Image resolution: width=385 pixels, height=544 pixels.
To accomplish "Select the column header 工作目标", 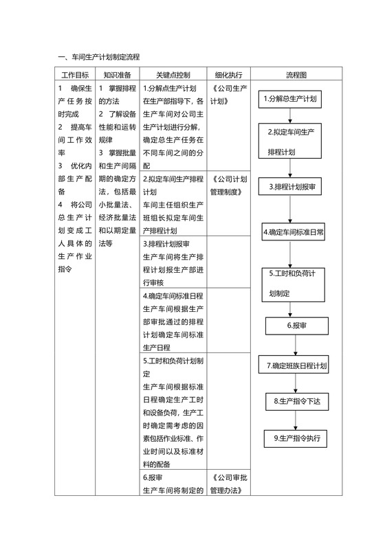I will (x=75, y=75).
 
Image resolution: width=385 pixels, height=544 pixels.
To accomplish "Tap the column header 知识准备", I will (x=118, y=75).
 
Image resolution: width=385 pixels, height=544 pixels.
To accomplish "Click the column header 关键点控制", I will (x=173, y=75).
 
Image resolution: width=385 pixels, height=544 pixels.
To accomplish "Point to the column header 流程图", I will (x=296, y=75).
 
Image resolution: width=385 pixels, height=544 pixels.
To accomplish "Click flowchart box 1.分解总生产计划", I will (x=290, y=99).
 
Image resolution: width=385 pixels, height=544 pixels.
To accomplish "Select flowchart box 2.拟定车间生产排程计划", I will (x=291, y=141).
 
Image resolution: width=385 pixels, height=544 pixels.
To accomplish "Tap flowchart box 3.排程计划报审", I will (x=291, y=186).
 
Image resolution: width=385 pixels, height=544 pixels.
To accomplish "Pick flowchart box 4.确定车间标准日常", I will (x=294, y=232).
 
